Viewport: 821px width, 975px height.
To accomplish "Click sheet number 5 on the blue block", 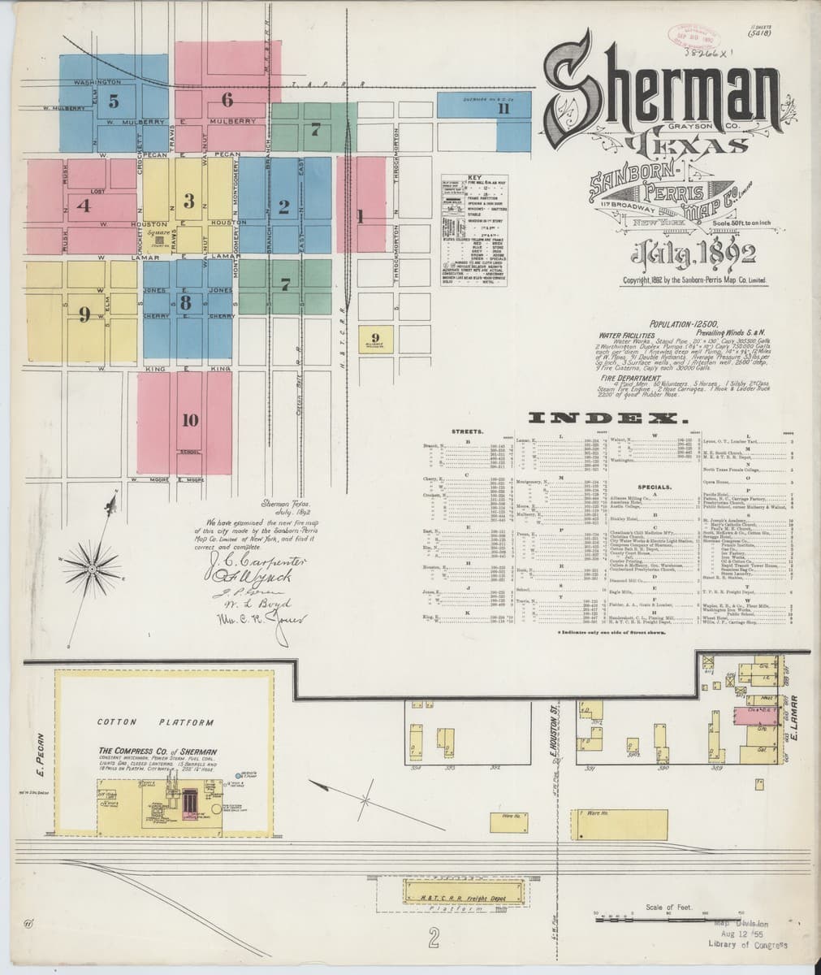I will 113,102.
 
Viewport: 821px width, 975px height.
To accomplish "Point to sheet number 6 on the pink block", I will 227,100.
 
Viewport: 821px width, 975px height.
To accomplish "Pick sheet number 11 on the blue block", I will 503,110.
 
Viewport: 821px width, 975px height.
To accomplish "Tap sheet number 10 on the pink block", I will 190,420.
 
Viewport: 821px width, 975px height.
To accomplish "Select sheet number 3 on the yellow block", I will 188,200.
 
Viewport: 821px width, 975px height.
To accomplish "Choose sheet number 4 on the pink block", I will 82,205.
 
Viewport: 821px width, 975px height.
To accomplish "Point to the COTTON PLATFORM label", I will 155,721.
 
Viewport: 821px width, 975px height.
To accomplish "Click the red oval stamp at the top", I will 687,32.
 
